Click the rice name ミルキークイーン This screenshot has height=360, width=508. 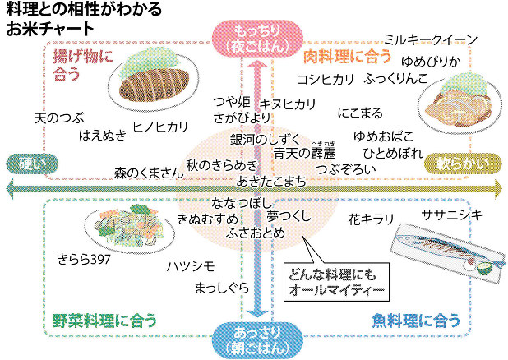[432, 40]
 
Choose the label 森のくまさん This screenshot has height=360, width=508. [148, 173]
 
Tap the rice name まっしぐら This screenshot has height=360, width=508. [222, 288]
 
